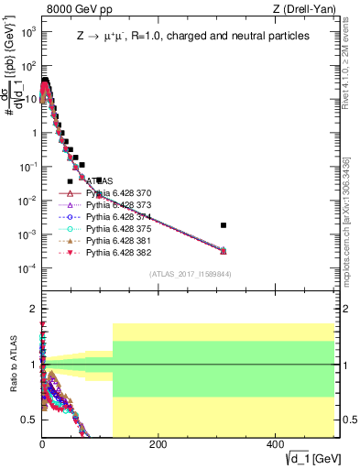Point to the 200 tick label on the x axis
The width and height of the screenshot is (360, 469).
(158, 445)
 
